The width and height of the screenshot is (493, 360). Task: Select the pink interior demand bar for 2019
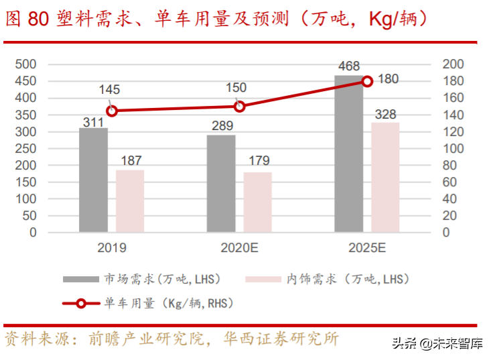(x=130, y=200)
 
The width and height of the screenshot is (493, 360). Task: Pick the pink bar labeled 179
(x=257, y=202)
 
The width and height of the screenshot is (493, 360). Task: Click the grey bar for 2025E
(x=348, y=154)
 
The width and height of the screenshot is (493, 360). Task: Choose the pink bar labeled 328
(x=385, y=177)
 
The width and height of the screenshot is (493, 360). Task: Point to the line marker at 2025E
(x=367, y=81)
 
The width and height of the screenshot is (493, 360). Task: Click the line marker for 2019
(x=112, y=111)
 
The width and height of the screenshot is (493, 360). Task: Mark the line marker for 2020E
(x=240, y=107)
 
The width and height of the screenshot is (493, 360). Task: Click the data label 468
(x=348, y=66)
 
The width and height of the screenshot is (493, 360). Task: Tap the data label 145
(x=110, y=89)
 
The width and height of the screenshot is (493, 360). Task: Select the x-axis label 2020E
(x=239, y=248)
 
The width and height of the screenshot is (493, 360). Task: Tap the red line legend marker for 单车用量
(x=80, y=304)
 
